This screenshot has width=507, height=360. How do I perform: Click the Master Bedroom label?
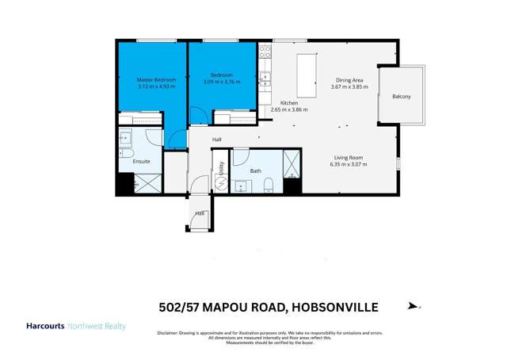point(156,80)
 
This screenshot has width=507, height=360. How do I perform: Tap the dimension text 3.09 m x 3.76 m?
point(220,82)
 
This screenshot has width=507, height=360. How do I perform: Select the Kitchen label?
point(289,103)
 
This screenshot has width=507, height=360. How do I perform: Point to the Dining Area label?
point(349,80)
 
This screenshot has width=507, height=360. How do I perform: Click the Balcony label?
point(402,97)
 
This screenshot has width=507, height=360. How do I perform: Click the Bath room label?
point(255,170)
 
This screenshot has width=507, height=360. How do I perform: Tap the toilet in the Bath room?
point(269,187)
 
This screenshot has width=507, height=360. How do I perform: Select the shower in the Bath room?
point(292,163)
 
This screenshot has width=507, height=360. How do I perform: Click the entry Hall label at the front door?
point(200,213)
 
